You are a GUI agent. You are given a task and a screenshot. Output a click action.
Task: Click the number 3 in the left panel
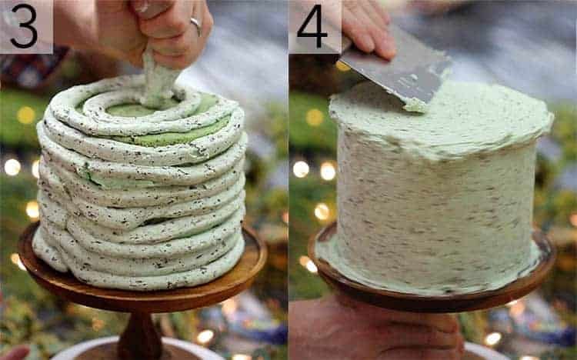[x=24, y=25]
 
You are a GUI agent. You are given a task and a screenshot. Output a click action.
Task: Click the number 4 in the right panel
[x=313, y=25]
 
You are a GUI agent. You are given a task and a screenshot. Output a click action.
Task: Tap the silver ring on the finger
[x=196, y=26]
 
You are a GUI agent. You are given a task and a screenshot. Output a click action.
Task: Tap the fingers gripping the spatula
[x=369, y=31]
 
